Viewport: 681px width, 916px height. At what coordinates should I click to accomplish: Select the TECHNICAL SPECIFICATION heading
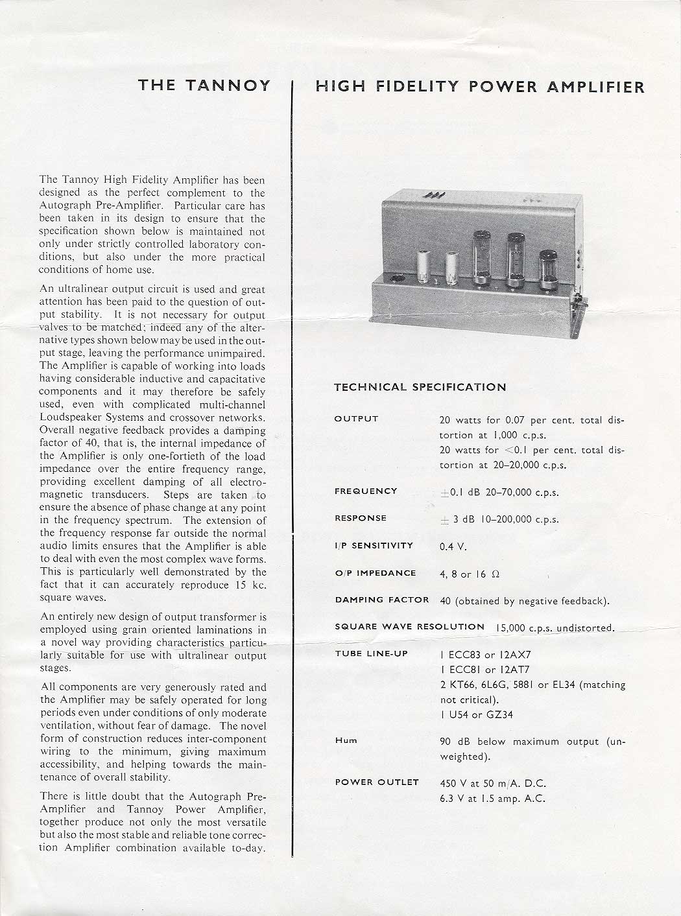coord(420,387)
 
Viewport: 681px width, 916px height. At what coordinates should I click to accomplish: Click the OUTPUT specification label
coord(356,419)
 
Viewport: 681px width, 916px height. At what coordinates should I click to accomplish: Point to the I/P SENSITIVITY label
coord(374,546)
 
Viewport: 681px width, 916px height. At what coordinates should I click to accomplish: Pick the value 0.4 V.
coord(453,546)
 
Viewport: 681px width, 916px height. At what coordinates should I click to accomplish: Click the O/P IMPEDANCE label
coord(375,573)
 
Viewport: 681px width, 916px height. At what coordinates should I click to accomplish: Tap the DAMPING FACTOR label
coord(381,600)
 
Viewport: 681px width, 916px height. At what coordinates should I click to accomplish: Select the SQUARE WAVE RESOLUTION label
coord(409,627)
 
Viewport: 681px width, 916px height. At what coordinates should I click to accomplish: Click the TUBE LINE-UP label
coord(371,653)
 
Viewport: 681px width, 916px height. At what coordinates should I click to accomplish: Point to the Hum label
coord(346,740)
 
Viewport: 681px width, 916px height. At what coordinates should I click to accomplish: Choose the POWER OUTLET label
coord(376,782)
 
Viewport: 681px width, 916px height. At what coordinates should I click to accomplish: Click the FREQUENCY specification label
coord(365,491)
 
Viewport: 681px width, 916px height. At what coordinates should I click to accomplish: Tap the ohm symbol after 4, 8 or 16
coord(496,574)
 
